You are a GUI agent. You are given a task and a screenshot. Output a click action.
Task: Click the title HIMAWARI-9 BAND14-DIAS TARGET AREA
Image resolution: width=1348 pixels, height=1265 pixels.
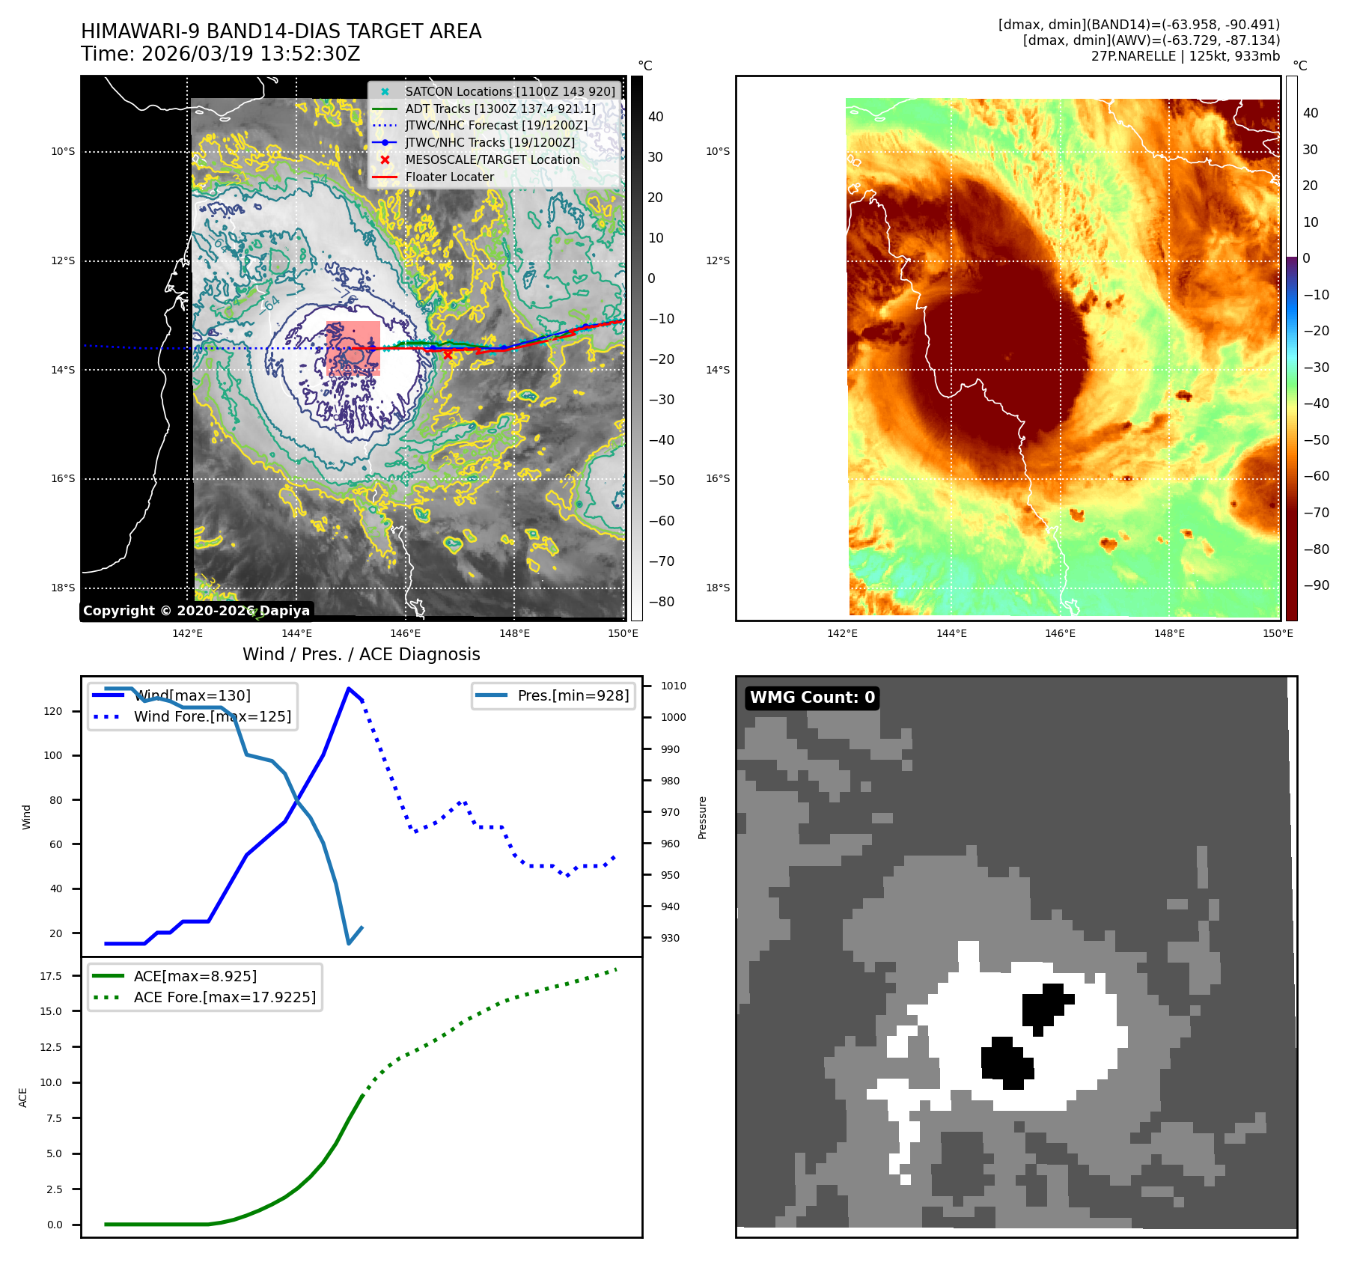point(281,31)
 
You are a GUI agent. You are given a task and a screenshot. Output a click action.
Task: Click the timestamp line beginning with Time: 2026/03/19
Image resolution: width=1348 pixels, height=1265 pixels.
point(221,54)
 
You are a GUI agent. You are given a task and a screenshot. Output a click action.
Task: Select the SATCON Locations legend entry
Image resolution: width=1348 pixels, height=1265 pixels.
point(510,91)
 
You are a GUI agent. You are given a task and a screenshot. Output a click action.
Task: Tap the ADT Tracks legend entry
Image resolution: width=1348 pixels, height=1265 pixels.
point(500,109)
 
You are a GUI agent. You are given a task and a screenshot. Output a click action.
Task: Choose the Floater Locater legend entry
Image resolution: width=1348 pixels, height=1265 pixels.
point(449,177)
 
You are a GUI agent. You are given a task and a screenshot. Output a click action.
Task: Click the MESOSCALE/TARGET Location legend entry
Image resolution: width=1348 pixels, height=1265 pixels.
point(492,159)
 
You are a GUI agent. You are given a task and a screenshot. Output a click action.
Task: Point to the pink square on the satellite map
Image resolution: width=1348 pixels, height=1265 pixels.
point(353,348)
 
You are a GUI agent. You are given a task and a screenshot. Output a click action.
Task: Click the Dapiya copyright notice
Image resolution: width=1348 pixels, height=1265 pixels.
point(196,610)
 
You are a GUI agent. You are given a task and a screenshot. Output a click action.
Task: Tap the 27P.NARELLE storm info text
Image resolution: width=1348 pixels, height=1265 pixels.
point(1185,56)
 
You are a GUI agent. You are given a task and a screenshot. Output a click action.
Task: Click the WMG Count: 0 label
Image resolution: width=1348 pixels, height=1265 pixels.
point(812,698)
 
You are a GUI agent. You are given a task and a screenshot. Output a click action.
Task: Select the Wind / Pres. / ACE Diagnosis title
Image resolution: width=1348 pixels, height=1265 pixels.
point(361,654)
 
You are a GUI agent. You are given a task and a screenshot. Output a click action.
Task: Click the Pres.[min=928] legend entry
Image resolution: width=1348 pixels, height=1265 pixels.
point(573,695)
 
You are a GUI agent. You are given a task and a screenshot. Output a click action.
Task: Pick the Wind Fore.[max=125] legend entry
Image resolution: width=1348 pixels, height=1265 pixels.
point(212,716)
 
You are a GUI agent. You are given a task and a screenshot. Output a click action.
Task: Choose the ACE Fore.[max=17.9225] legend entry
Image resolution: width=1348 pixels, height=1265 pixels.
point(225,997)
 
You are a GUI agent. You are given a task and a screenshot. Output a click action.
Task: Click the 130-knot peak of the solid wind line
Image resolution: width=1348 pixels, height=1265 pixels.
point(349,689)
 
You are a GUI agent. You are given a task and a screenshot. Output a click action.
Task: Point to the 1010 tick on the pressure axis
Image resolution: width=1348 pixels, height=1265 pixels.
point(673,686)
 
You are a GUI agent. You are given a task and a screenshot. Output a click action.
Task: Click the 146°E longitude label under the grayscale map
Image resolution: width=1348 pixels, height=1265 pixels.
point(405,633)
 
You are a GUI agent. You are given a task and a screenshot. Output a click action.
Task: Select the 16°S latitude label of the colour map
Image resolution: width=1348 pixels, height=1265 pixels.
point(717,478)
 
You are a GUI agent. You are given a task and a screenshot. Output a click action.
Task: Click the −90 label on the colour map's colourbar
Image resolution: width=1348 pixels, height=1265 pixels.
point(1316,585)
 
